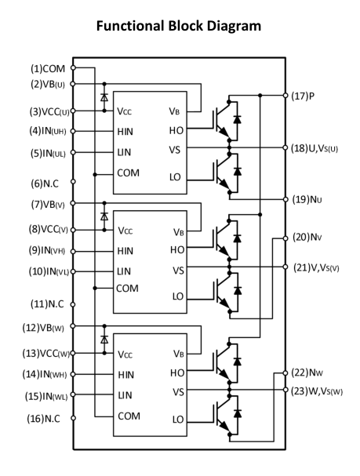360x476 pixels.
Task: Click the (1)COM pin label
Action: [48, 69]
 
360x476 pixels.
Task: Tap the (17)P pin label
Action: [303, 96]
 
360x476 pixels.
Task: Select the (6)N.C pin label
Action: [45, 183]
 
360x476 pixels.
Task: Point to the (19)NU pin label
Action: [307, 200]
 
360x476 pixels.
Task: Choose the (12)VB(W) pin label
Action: [43, 328]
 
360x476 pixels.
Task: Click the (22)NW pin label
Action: [307, 372]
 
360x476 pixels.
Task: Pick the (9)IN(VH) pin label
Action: [47, 250]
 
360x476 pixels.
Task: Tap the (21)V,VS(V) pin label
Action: [316, 267]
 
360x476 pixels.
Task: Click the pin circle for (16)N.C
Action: [73, 418]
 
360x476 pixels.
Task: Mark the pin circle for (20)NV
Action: [285, 238]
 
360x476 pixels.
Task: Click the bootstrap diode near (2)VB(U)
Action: [104, 97]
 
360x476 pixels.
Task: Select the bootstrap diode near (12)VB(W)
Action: [104, 340]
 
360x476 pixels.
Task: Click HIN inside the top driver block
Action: [125, 132]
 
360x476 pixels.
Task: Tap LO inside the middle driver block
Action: [178, 296]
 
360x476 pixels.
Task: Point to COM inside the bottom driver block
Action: [129, 416]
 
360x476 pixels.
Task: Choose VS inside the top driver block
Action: [175, 150]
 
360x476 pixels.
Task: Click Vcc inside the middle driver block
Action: [125, 231]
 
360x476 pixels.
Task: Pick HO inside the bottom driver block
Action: [177, 372]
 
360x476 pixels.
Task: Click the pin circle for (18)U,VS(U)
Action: [285, 147]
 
